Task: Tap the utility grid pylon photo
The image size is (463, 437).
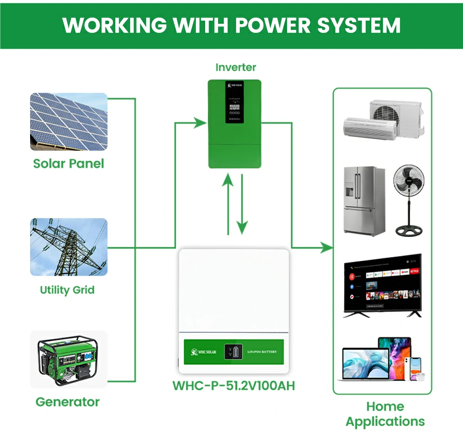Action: [69, 247]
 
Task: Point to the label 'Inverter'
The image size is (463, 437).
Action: [236, 67]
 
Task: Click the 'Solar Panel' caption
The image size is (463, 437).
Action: [69, 163]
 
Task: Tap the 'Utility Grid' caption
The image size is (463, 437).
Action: [67, 290]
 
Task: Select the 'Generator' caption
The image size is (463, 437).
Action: [68, 401]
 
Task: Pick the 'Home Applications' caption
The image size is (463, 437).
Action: [385, 414]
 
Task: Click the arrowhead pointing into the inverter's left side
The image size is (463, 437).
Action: [200, 123]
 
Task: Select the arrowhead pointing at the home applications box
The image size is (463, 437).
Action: [326, 248]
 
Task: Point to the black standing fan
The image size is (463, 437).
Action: [408, 199]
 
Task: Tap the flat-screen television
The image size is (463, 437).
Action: [382, 285]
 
